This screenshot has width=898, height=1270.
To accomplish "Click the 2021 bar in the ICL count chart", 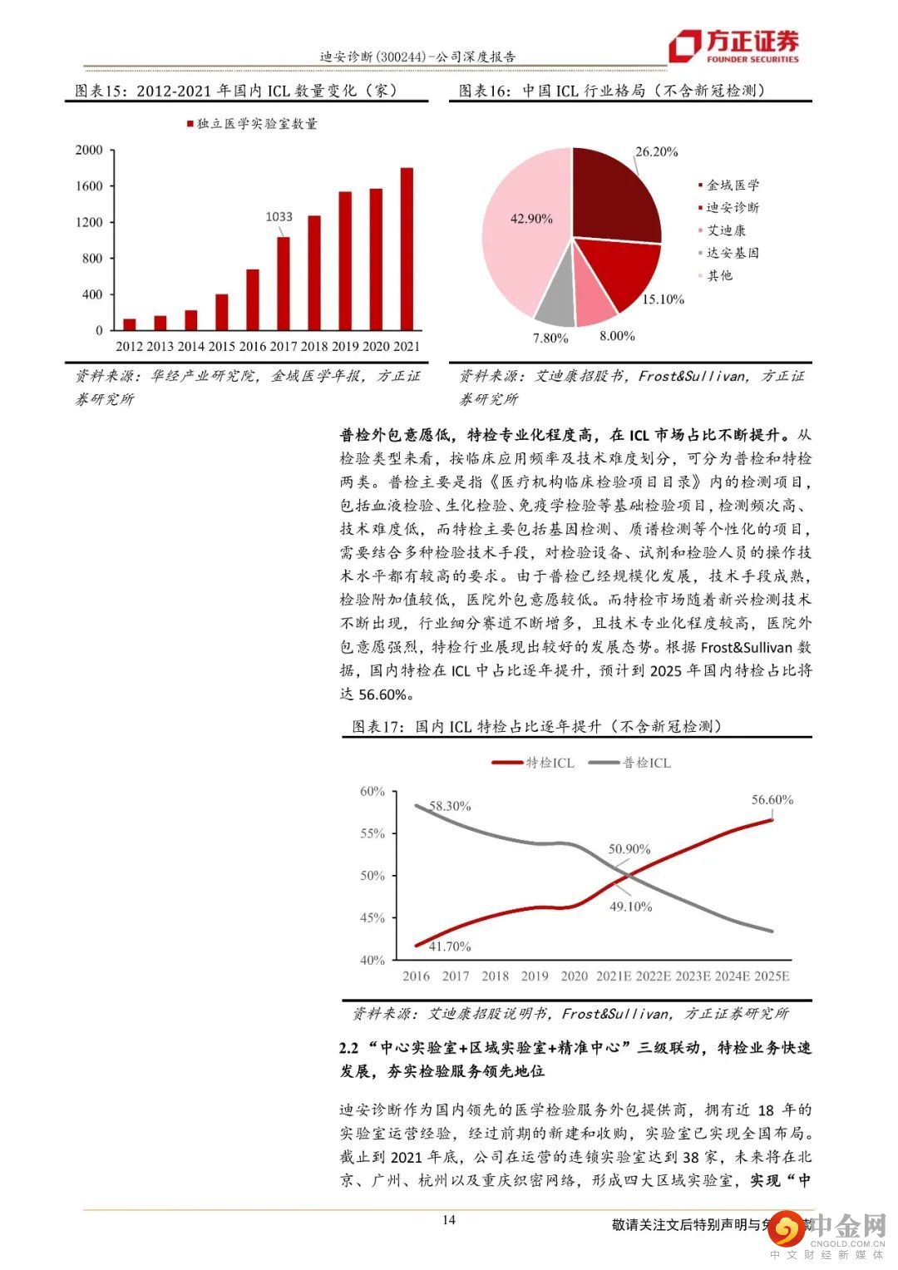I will click(x=407, y=249).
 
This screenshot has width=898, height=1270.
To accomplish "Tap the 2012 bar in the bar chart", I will click(x=130, y=324).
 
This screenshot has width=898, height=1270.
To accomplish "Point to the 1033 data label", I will click(x=279, y=217).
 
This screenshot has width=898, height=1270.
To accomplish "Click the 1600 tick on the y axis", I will click(x=89, y=186).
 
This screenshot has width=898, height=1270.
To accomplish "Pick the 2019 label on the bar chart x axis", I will click(x=345, y=347).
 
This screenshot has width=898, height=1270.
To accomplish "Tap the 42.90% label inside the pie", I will click(x=531, y=219).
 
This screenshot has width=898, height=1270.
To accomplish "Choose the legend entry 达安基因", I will click(x=732, y=253).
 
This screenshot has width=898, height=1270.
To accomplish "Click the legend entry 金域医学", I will click(x=732, y=185).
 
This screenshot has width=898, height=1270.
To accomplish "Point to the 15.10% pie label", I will click(x=663, y=299).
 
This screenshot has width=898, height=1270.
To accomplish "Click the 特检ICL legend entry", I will click(x=534, y=763).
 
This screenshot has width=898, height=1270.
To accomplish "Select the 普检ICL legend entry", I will click(x=630, y=763).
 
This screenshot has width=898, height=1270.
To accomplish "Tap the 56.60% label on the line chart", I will click(x=772, y=800).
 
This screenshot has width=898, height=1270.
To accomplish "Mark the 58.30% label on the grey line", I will click(x=450, y=806).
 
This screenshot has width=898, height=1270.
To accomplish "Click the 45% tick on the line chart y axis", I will click(x=373, y=918).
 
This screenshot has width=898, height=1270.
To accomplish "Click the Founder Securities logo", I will click(x=735, y=46).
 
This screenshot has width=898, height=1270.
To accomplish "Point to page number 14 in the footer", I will click(x=449, y=1220).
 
